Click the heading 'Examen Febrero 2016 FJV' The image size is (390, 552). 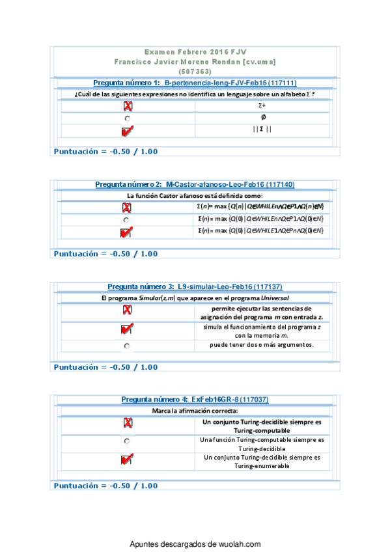pos(195,51)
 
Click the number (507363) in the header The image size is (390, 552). pos(195,71)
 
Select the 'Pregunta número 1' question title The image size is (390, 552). pos(195,83)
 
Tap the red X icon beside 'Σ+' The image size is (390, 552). pos(127,106)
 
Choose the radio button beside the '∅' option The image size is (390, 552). pos(127,118)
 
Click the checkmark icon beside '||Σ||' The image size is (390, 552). pos(127,131)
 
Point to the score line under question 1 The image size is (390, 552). pos(105,152)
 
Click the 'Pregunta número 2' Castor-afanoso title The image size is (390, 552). pos(195,185)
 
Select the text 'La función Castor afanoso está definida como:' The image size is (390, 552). pos(195,195)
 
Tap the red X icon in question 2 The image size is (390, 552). pos(127,208)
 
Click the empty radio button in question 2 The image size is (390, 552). pos(127,220)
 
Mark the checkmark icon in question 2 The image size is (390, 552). pos(127,232)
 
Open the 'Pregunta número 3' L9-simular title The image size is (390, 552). pos(195,287)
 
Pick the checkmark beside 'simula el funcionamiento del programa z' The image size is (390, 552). pos(127,329)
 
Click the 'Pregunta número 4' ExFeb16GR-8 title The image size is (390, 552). pos(195,400)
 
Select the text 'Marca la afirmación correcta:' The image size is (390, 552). pos(195,411)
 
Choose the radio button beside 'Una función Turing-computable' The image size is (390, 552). pos(127,441)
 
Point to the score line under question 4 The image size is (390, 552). pos(105,486)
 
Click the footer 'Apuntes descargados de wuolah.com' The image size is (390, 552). pos(195,544)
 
